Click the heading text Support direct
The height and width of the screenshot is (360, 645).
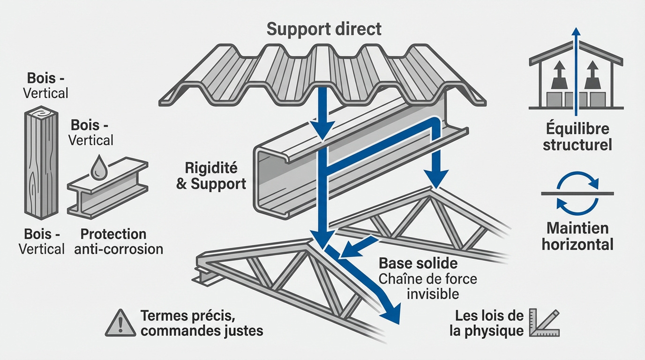[324, 29]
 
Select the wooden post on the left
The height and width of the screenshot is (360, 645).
[41, 164]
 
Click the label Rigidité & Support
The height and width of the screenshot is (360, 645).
[211, 176]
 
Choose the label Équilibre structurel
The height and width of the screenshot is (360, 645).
[577, 137]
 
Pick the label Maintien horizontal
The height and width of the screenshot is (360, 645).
[577, 236]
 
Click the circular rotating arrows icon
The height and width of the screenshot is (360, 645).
[577, 193]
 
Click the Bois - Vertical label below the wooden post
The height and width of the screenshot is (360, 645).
[41, 241]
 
